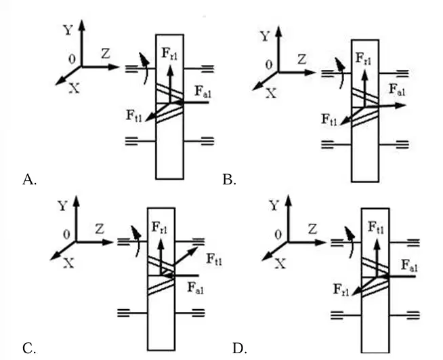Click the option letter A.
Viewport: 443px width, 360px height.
(x=29, y=179)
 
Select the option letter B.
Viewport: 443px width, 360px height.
(x=229, y=179)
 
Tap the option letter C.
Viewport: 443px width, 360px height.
(x=29, y=348)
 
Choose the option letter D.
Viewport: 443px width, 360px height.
(x=240, y=348)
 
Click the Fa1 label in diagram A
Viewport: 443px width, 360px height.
(x=203, y=92)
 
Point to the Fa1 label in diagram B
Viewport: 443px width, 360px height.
(x=397, y=89)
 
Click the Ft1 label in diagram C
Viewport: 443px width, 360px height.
(x=214, y=259)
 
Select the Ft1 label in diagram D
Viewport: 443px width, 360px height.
(x=376, y=228)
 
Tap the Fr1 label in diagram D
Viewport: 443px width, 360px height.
(x=341, y=289)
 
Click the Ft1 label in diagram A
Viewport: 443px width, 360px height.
(x=134, y=116)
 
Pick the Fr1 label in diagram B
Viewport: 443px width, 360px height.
(x=363, y=59)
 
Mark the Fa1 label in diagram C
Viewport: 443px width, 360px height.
(x=196, y=288)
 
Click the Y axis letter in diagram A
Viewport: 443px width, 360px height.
(x=68, y=30)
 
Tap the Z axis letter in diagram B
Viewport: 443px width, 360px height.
(x=301, y=60)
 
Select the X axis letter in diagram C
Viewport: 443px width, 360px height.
(x=68, y=264)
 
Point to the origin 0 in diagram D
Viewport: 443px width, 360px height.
(x=278, y=235)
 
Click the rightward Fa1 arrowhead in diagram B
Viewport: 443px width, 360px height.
(x=400, y=106)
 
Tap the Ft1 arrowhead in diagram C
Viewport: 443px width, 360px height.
(x=194, y=250)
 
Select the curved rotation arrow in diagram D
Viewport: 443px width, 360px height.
(x=351, y=242)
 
